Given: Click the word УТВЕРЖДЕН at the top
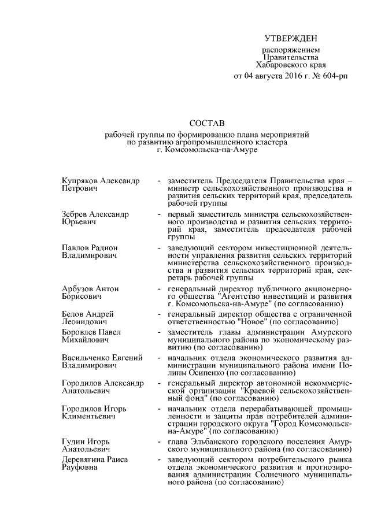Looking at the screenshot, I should pos(290,39).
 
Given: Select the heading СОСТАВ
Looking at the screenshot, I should pos(207,123).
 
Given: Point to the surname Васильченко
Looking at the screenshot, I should pos(87,358).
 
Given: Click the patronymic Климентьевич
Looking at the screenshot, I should pos(89,416).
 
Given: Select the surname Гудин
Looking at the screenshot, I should pos(73,442).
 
